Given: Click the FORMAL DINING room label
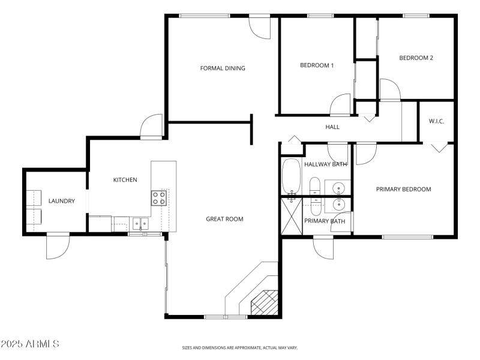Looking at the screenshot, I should [x=223, y=68].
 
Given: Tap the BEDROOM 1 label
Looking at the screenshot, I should [x=317, y=65].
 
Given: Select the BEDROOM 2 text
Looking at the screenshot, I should [x=416, y=58].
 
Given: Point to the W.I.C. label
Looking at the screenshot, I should [x=436, y=122].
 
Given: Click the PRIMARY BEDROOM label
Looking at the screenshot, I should [x=403, y=190].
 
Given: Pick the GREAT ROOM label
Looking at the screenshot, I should [x=224, y=219].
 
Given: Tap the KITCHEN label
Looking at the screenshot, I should [x=125, y=180].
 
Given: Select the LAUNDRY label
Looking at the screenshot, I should [x=62, y=201].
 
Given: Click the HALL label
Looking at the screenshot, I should [x=332, y=127].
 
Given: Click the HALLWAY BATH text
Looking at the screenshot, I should [x=325, y=164].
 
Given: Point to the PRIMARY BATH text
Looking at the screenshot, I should [x=325, y=221].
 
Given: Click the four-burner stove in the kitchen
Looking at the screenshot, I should [x=159, y=197].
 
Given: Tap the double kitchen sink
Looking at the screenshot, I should [x=140, y=224].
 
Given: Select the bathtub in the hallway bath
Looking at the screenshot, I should [x=292, y=178].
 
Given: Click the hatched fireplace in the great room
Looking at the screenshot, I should [x=265, y=303].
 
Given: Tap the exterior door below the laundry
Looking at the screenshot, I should [x=58, y=245].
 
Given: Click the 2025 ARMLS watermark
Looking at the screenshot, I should [x=30, y=344].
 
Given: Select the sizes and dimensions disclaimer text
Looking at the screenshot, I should [x=240, y=347].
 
